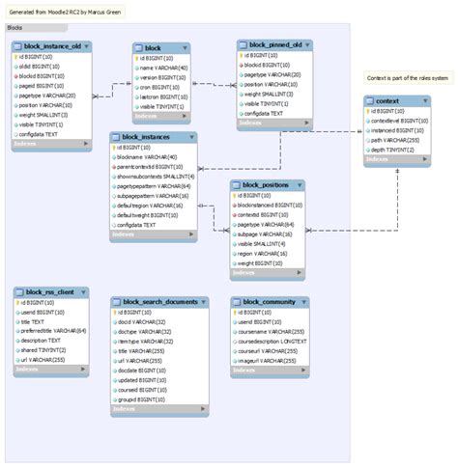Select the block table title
[153, 47]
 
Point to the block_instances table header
[155, 137]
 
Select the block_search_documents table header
[159, 302]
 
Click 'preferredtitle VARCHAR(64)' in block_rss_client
[54, 330]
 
